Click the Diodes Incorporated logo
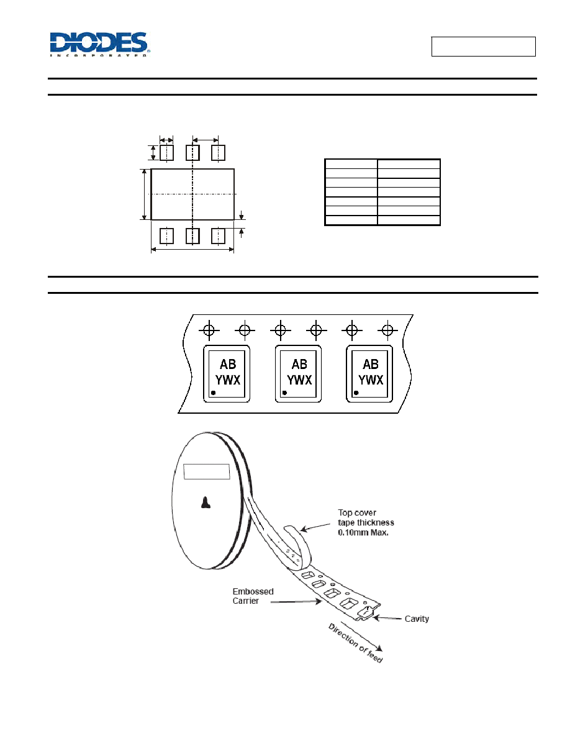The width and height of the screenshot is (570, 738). pos(99,45)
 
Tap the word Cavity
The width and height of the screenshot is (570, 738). pos(417,619)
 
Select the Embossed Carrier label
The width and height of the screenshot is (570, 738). pos(253,596)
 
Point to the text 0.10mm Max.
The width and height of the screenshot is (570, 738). pos(363,533)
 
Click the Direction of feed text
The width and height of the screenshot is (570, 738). pos(356,643)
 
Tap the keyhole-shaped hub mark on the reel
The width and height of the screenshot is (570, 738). pos(206,503)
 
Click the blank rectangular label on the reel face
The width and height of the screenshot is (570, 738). pos(207,471)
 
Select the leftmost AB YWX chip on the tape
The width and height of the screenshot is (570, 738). pos(227,374)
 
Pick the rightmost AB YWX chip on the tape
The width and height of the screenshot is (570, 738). pos(369,374)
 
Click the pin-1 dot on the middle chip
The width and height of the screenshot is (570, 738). pos(284,393)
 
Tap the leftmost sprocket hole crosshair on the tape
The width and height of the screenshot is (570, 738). pos(209,330)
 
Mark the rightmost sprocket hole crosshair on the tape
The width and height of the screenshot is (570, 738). pos(387,330)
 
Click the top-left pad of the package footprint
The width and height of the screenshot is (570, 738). pos(166,153)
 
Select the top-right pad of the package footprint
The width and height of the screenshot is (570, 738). pos(218,153)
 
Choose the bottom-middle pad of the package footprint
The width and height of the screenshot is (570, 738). pos(193,236)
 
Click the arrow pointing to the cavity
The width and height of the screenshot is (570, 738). pos(387,617)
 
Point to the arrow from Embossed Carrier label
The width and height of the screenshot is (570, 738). pos(296,601)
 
